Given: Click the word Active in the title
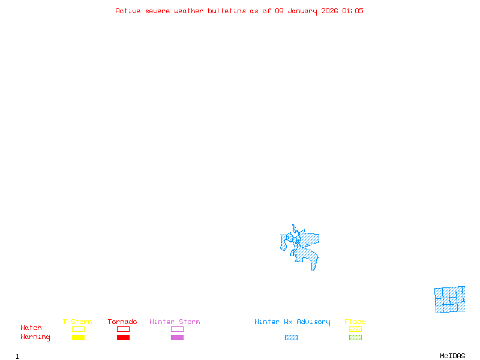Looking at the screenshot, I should pos(128,11).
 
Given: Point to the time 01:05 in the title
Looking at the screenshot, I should pos(353,11).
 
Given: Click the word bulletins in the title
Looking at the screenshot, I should pos(227,11).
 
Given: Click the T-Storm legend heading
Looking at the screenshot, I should pos(77,322).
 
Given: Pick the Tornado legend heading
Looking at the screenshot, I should pos(122,322).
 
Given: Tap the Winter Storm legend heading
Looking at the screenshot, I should pos(175,322).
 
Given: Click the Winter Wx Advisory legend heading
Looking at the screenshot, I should pos(292,322).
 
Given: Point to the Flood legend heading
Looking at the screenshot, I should pos(355,322).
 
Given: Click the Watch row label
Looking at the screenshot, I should pos(31,328).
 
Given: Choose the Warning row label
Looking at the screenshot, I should pos(35,337).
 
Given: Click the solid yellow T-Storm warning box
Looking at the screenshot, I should pos(78,338).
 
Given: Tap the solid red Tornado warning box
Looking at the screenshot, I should pos(123,338).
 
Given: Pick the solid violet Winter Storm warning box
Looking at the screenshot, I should pos(177,338).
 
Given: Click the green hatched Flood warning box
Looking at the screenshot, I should pos(355,338).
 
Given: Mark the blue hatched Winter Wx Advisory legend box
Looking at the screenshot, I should pos(291,338).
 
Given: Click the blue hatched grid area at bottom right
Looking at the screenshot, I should pos(449,300).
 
